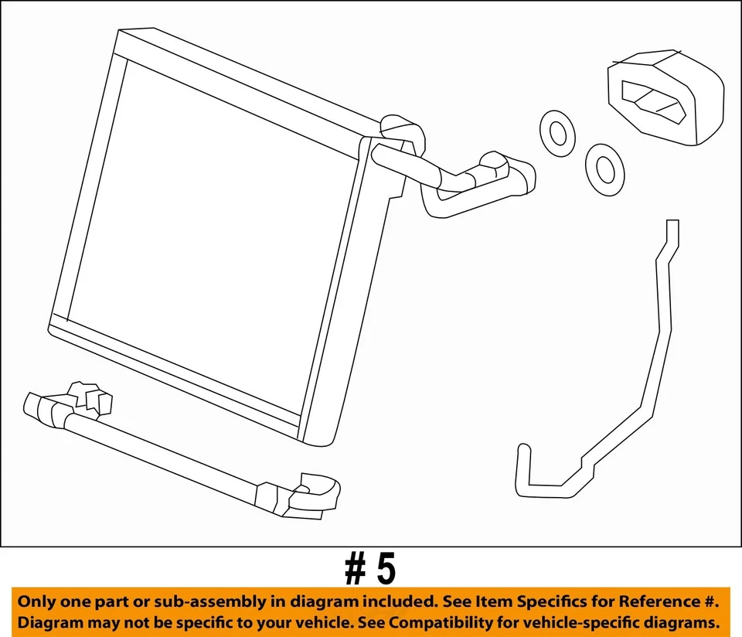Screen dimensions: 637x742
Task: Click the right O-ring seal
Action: pyautogui.click(x=604, y=167)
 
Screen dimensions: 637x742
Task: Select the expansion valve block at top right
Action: pyautogui.click(x=666, y=97)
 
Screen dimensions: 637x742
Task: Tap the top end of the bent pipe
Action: pyautogui.click(x=672, y=230)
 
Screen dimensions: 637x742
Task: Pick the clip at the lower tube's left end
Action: pyautogui.click(x=89, y=398)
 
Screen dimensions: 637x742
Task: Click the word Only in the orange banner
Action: pyautogui.click(x=36, y=601)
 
